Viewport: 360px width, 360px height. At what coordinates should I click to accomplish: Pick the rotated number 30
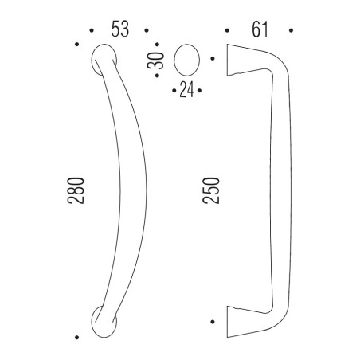(159, 61)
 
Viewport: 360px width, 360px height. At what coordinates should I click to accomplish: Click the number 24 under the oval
(186, 89)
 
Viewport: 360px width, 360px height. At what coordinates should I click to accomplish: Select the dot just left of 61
(228, 31)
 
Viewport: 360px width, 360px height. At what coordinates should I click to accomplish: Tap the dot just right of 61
(292, 31)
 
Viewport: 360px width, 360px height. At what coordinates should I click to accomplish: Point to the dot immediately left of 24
(174, 88)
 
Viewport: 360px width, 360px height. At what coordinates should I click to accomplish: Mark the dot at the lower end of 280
(77, 335)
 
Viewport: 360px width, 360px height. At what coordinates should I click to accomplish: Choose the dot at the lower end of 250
(213, 322)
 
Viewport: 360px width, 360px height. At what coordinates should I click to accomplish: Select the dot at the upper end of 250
(213, 58)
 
